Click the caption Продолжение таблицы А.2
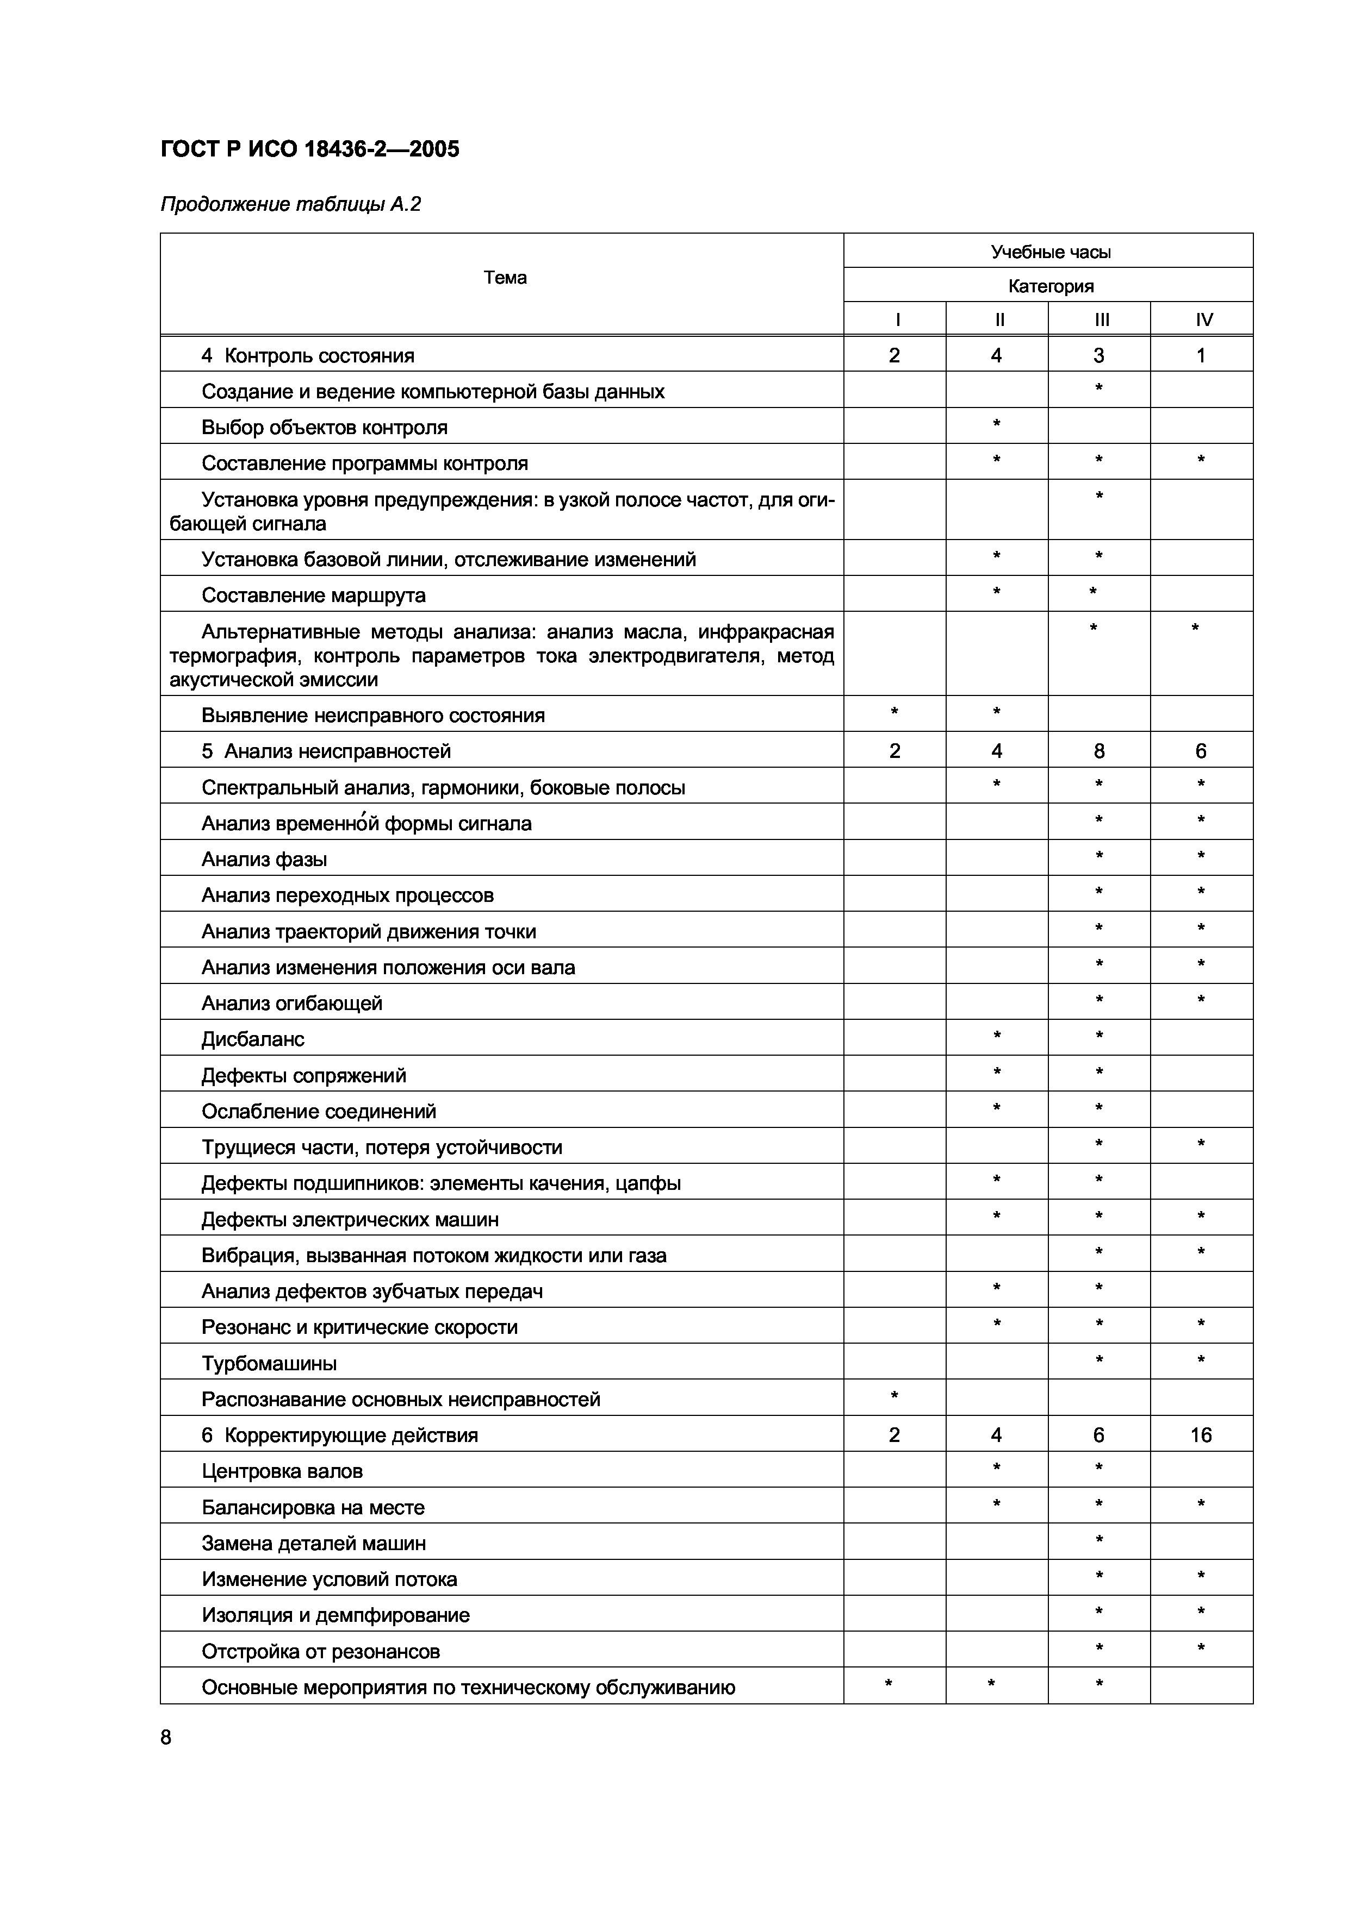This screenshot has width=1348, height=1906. click(x=291, y=204)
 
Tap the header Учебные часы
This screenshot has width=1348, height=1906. click(x=1050, y=252)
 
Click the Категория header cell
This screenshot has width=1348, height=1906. click(x=1050, y=286)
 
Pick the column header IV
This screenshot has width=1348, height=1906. click(x=1203, y=319)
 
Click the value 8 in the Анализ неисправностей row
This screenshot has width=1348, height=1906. click(x=1099, y=751)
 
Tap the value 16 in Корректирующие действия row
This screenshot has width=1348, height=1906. click(x=1201, y=1435)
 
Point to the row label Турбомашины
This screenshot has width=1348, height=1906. click(x=269, y=1363)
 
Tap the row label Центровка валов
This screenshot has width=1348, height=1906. click(x=282, y=1471)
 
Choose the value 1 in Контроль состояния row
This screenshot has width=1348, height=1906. click(x=1201, y=356)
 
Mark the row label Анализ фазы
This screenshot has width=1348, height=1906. click(x=264, y=859)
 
